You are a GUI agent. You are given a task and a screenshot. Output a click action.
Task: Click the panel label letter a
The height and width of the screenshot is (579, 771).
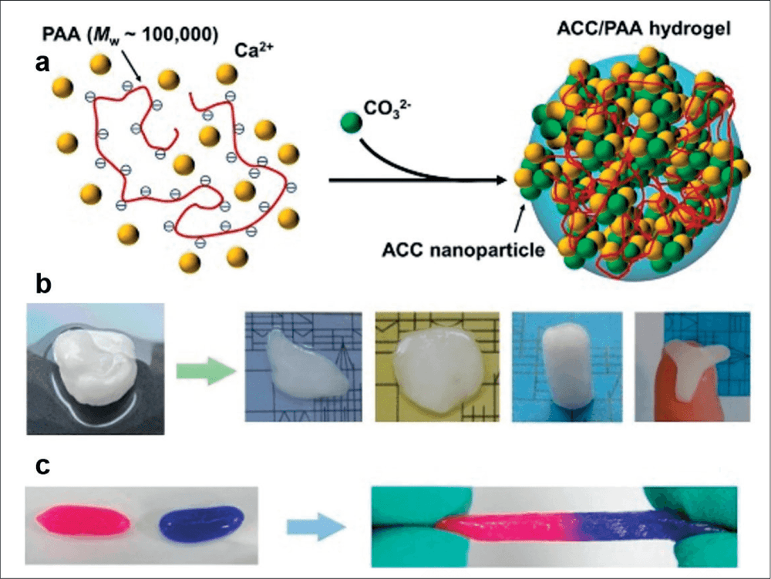[42, 64]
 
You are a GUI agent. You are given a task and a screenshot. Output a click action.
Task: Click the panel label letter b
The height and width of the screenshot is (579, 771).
[44, 284]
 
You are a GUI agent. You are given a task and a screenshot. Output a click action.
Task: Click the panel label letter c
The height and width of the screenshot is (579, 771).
[42, 466]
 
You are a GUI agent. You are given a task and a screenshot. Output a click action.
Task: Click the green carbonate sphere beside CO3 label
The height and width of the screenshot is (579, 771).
[351, 122]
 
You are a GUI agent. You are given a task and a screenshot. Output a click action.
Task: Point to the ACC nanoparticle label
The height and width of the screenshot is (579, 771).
[463, 250]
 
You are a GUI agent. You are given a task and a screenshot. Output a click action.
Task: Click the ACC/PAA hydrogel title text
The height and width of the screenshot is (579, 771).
[644, 28]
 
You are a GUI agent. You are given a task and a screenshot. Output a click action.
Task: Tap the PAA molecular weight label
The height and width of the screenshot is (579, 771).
[130, 35]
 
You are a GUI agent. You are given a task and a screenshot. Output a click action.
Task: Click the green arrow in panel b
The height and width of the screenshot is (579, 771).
[206, 371]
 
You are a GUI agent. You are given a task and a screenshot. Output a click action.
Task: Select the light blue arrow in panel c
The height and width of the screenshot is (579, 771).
[317, 527]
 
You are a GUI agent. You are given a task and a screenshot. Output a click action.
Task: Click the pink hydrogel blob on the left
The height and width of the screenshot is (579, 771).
[83, 520]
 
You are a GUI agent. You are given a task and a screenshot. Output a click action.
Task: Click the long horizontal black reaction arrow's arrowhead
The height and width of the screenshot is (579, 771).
[501, 180]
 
